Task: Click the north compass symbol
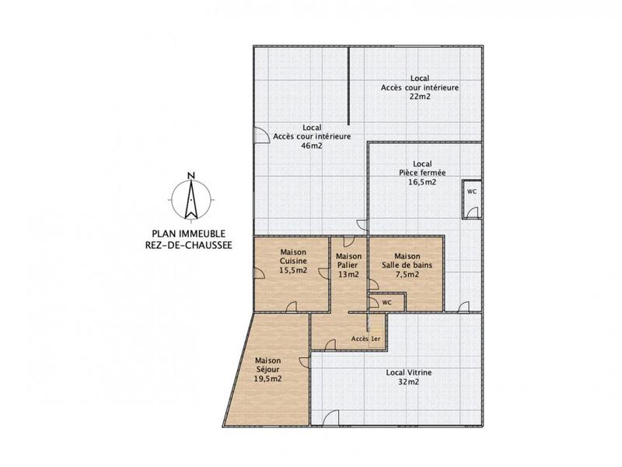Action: pyautogui.click(x=190, y=198)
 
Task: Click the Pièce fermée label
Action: pyautogui.click(x=422, y=173)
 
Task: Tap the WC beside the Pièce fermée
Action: pyautogui.click(x=471, y=191)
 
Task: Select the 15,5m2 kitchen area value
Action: pyautogui.click(x=293, y=271)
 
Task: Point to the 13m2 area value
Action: pyautogui.click(x=348, y=274)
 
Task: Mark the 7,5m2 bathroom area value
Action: pyautogui.click(x=407, y=274)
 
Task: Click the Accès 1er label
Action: pyautogui.click(x=365, y=339)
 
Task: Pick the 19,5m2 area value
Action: pyautogui.click(x=267, y=378)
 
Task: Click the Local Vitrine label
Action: pyautogui.click(x=409, y=373)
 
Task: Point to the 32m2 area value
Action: pyautogui.click(x=409, y=382)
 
